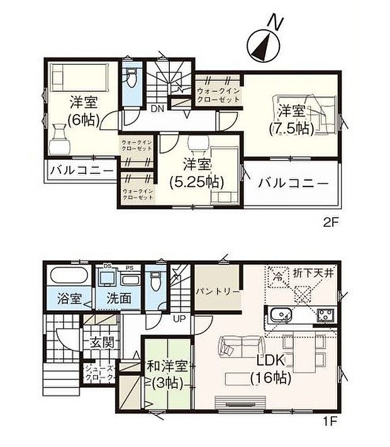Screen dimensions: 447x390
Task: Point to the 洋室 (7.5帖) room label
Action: pos(292,120)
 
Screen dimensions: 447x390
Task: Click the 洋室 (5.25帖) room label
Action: pos(196,173)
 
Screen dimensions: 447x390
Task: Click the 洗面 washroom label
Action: pos(118,298)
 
